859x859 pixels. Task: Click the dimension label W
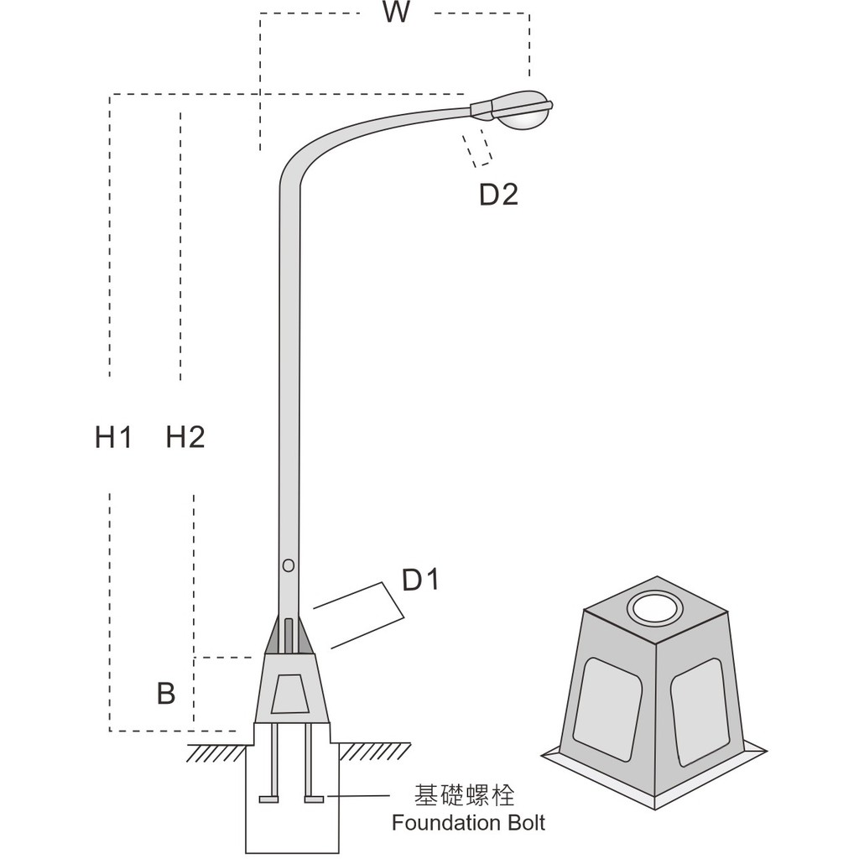pyautogui.click(x=395, y=13)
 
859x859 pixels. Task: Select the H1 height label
pyautogui.click(x=113, y=436)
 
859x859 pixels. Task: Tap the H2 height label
pyautogui.click(x=185, y=436)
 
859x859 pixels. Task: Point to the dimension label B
pyautogui.click(x=166, y=694)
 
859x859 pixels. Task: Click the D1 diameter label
pyautogui.click(x=421, y=580)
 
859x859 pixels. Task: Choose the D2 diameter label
pyautogui.click(x=498, y=195)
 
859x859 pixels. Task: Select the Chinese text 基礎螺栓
pyautogui.click(x=465, y=795)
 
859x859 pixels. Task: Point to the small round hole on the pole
pyautogui.click(x=289, y=565)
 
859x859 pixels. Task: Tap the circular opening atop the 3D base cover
pyautogui.click(x=656, y=608)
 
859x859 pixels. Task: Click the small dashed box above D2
pyautogui.click(x=478, y=148)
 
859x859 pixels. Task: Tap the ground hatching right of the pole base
pyautogui.click(x=373, y=752)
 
